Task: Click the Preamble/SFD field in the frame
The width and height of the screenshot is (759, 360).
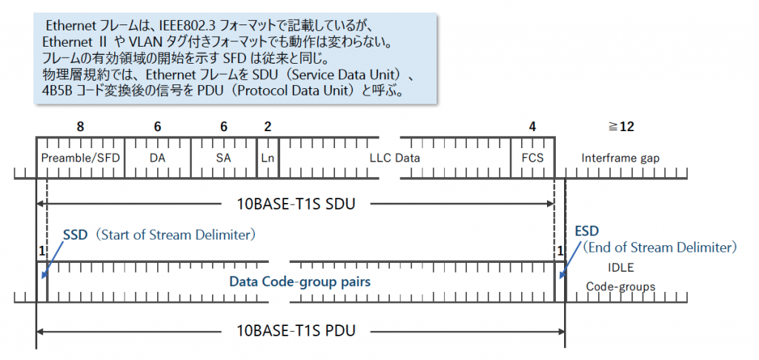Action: click(x=81, y=158)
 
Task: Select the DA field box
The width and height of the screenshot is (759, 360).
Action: click(x=157, y=158)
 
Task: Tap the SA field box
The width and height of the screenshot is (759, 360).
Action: click(x=223, y=158)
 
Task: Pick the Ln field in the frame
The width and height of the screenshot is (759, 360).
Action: click(x=268, y=158)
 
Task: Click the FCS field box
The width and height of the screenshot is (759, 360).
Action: click(x=532, y=158)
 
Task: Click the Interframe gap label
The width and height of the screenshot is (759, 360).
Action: click(x=620, y=158)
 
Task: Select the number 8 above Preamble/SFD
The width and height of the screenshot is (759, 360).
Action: click(x=80, y=127)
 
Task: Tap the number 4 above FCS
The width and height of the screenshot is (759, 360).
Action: click(x=532, y=127)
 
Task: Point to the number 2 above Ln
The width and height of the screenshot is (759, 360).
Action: click(x=268, y=127)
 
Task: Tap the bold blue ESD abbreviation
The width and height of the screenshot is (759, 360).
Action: click(x=586, y=230)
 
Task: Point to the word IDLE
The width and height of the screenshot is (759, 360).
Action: click(x=621, y=267)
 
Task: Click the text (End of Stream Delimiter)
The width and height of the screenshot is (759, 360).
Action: click(x=659, y=247)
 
